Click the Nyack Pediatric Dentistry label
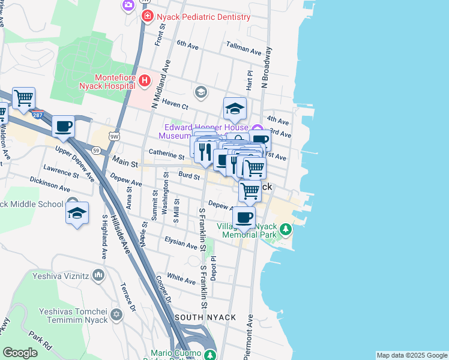[203, 17]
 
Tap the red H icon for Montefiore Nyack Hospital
[144, 80]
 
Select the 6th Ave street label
[187, 45]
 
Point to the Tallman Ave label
[244, 48]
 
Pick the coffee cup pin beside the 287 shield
[63, 127]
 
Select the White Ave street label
[181, 278]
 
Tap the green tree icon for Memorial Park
[286, 229]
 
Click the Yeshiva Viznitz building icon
[98, 275]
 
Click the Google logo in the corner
[20, 353]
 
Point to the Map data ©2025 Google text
[411, 355]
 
